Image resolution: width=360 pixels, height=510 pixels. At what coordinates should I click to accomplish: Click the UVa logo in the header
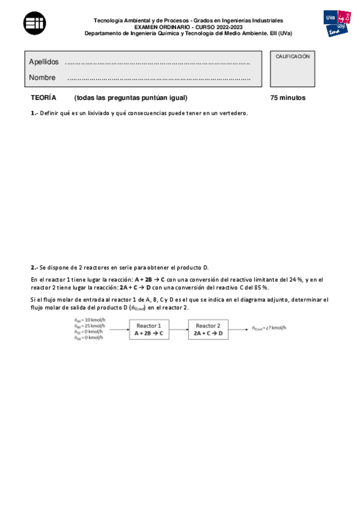pos(337,25)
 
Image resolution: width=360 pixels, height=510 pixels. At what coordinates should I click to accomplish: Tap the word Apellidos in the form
pos(44,62)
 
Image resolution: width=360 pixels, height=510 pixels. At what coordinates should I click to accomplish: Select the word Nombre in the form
pos(42,78)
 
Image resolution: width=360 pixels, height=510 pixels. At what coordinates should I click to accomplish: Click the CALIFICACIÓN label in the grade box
pos(293,57)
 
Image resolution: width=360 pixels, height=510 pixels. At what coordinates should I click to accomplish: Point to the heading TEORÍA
pos(43,97)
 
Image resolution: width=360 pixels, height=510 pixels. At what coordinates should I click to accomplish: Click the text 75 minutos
pos(288,97)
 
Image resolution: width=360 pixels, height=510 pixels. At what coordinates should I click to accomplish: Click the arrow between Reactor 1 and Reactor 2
pos(178,329)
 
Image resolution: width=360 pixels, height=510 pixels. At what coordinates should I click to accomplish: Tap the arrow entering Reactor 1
pos(118,329)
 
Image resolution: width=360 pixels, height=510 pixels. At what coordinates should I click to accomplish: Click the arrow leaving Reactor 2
pos(239,329)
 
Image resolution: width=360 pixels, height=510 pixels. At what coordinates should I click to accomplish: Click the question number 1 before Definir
pos(34,113)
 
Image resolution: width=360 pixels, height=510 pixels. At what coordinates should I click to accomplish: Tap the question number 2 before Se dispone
pos(34,267)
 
